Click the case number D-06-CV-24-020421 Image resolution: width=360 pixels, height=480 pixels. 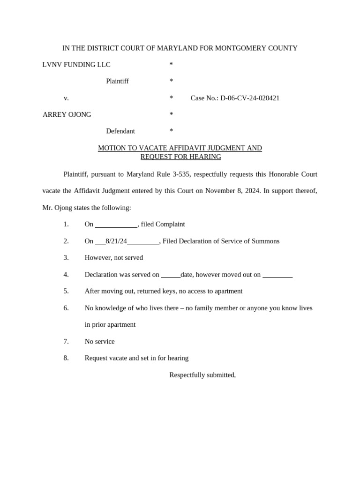click(x=250, y=98)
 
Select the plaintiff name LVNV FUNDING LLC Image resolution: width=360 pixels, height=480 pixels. click(x=76, y=65)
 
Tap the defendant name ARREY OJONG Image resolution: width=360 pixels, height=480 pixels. click(x=67, y=114)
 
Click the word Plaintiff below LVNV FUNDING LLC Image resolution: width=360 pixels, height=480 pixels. click(x=117, y=81)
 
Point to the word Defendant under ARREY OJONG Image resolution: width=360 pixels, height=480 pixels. click(x=120, y=131)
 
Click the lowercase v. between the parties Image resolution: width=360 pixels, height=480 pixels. click(x=66, y=98)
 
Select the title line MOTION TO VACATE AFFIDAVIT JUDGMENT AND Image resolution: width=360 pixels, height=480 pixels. click(x=180, y=148)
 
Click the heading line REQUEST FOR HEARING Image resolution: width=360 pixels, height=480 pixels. click(x=180, y=157)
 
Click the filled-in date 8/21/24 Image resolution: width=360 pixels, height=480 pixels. click(x=116, y=241)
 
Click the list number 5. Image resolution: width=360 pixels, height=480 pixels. click(x=66, y=291)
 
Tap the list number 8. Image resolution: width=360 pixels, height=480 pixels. click(x=66, y=358)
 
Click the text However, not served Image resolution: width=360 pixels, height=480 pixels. click(x=114, y=257)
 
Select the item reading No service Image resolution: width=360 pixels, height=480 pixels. click(x=99, y=341)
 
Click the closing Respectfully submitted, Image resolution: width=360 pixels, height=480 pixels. click(x=202, y=375)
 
